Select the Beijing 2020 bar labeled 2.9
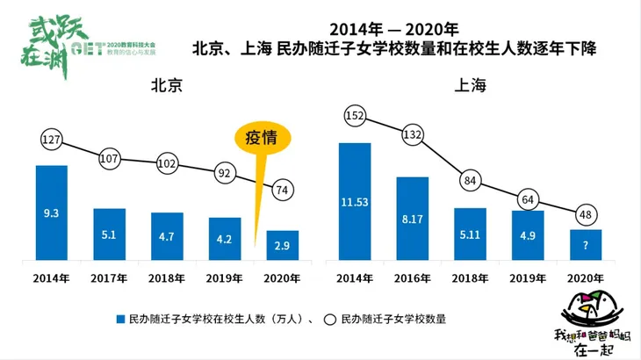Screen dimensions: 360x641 pyautogui.click(x=282, y=245)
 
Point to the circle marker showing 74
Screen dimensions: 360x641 pyautogui.click(x=283, y=188)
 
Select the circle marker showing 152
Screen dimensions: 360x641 pyautogui.click(x=355, y=115)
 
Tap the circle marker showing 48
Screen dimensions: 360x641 pyautogui.click(x=585, y=212)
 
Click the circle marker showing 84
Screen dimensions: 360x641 pyautogui.click(x=470, y=181)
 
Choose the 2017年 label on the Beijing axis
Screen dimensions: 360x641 pyautogui.click(x=109, y=278)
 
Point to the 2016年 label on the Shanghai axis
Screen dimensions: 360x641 pyautogui.click(x=413, y=278)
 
